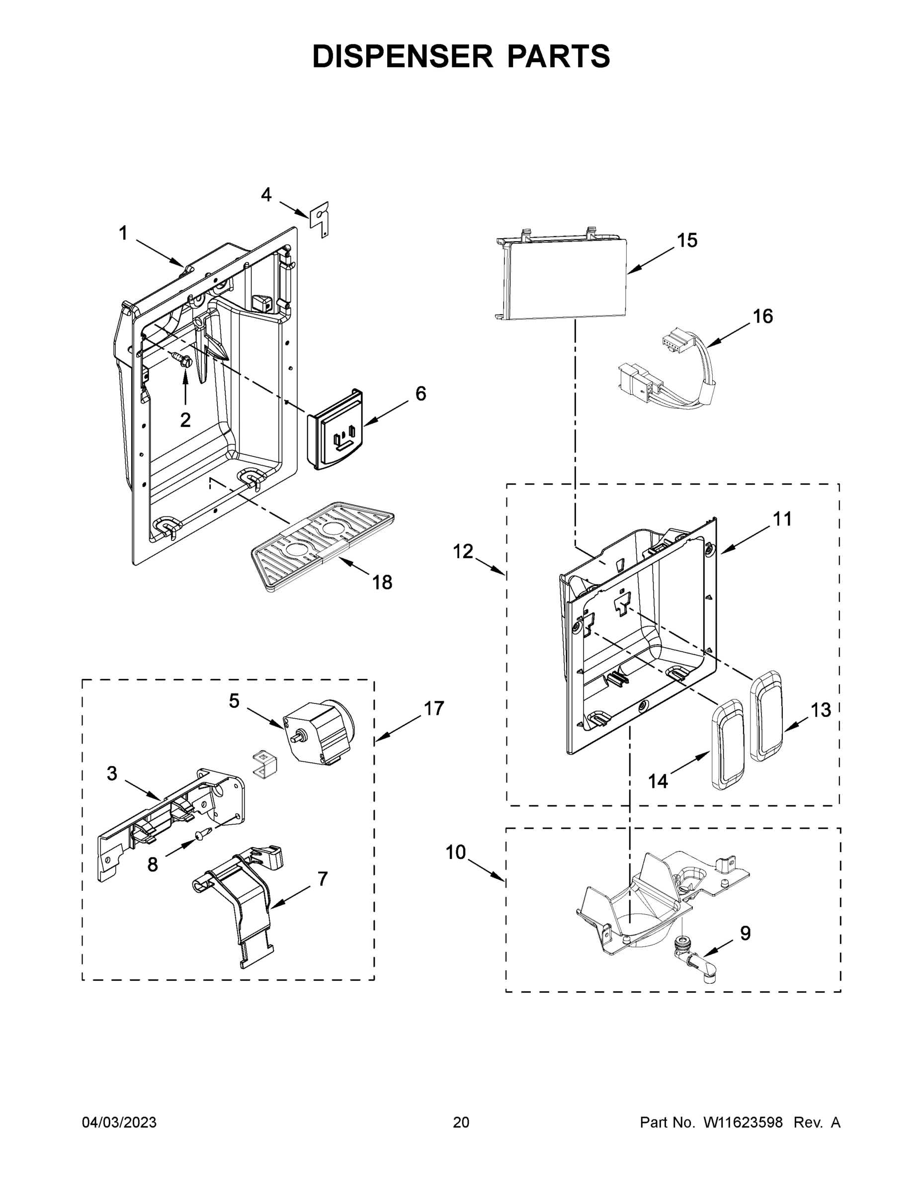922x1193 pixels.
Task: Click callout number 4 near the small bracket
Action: tap(266, 194)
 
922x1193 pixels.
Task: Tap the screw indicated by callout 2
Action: tap(183, 359)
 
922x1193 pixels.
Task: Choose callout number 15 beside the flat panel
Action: tap(687, 241)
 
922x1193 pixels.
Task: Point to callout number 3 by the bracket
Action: tap(112, 773)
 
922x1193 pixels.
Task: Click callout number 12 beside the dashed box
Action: tap(463, 552)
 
